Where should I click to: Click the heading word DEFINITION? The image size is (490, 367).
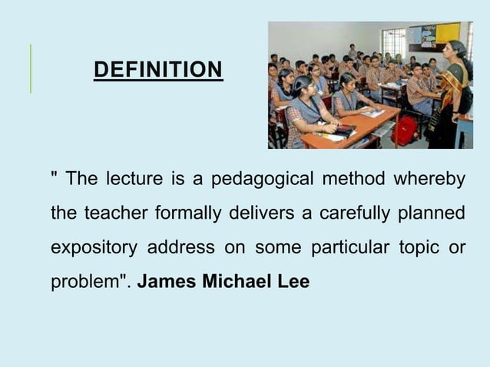point(157,71)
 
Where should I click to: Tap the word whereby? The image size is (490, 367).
point(429,180)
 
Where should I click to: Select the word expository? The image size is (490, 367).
point(94,248)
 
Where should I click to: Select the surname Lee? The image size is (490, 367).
point(293,282)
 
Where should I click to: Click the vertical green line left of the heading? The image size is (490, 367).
point(31,69)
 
